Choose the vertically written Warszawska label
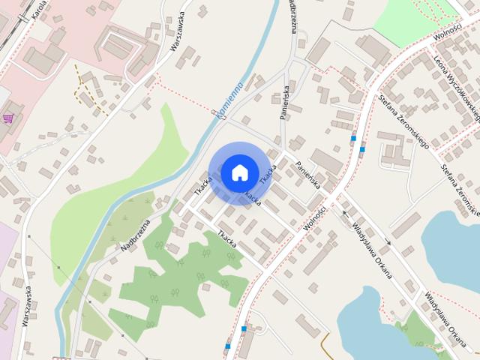[26, 304]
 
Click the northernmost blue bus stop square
[352, 138]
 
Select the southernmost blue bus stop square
[227, 346]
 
